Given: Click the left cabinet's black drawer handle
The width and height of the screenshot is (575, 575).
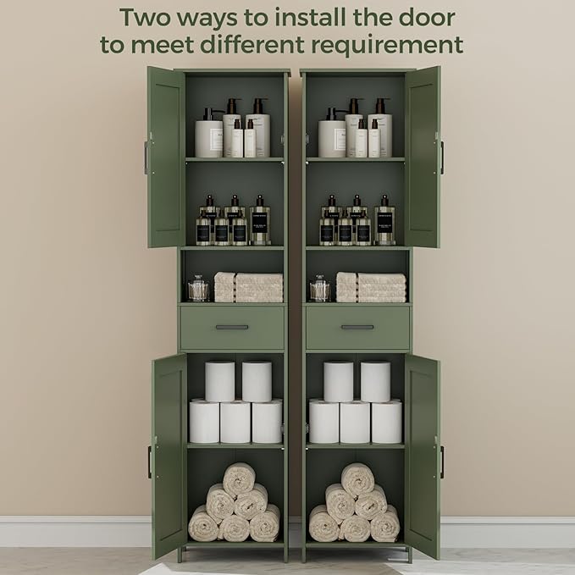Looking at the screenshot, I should click(231, 327).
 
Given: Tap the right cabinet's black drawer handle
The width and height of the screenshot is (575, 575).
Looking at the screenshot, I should click(357, 327).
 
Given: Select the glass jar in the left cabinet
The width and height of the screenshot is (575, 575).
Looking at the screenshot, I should click(197, 289).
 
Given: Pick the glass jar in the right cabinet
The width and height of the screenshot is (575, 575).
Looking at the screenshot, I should click(320, 289).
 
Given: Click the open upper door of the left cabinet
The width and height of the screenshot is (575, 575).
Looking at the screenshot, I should click(165, 157).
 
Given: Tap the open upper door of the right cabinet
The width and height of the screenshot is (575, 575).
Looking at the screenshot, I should click(423, 157).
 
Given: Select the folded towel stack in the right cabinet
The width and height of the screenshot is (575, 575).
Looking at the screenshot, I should click(371, 287).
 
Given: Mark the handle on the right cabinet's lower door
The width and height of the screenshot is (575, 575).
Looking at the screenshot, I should click(441, 462).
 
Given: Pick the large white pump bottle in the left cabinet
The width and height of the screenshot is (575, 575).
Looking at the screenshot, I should click(208, 135).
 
